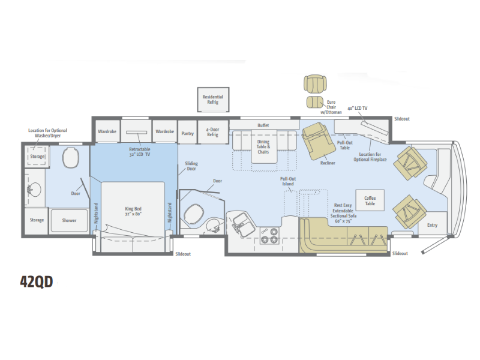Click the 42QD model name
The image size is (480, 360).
coord(37,281)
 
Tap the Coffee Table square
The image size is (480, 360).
coord(370,200)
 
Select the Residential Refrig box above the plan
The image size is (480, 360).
coord(213,100)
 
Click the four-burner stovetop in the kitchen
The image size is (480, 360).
coord(269,235)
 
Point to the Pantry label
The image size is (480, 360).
coord(187,133)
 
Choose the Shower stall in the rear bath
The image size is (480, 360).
coord(69,220)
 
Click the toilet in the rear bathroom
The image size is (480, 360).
coord(71,157)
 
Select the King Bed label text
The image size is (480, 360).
coord(133,211)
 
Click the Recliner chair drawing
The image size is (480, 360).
coord(317,141)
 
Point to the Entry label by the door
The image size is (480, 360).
coord(432,225)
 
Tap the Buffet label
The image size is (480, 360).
coord(263,125)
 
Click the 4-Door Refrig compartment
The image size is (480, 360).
coord(213,131)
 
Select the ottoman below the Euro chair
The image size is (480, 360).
coord(315,102)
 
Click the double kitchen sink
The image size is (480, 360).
coord(242,224)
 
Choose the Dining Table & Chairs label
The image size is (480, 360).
coord(263,146)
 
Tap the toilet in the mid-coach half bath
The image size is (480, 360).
coord(193,213)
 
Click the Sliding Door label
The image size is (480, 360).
coord(191,166)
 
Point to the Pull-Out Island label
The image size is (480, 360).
coord(288,181)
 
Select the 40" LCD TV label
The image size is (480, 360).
coord(358,108)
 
